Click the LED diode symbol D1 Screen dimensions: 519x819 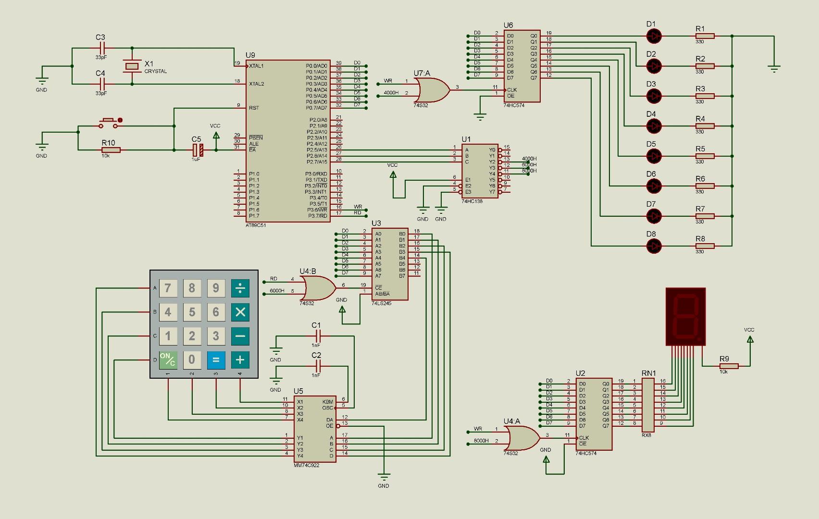click(x=654, y=36)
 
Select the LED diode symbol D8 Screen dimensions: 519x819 click(x=654, y=246)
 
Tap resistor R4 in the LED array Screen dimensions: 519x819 click(x=705, y=126)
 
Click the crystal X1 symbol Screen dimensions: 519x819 click(x=132, y=66)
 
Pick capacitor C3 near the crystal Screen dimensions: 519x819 click(x=102, y=48)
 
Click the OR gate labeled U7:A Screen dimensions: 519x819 click(x=431, y=90)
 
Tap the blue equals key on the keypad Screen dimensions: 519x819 click(x=216, y=359)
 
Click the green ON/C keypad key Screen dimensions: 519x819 click(x=168, y=359)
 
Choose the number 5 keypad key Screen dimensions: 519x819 click(x=192, y=312)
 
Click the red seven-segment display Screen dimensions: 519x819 click(x=685, y=316)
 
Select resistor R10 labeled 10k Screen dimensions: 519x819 click(x=111, y=150)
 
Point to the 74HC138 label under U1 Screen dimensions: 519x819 click(x=472, y=201)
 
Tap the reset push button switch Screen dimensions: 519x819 click(x=108, y=124)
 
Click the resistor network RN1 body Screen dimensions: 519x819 click(x=648, y=405)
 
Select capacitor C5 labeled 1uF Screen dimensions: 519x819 click(x=198, y=150)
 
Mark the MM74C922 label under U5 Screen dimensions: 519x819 click(x=307, y=465)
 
